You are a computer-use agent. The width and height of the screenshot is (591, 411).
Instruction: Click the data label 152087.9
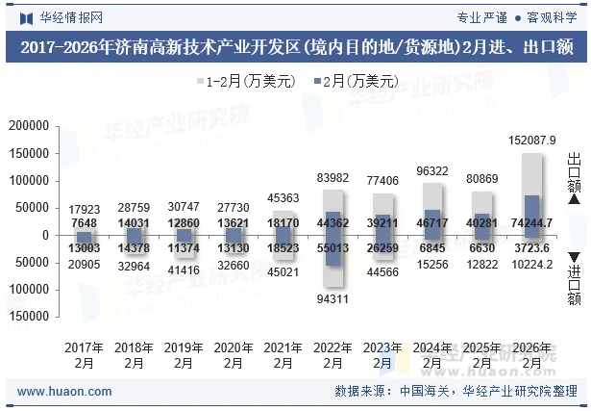[531, 141]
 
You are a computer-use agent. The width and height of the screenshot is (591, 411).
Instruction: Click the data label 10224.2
[531, 264]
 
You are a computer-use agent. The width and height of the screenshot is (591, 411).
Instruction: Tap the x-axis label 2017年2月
[85, 355]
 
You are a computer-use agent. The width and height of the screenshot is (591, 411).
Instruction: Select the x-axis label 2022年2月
[332, 355]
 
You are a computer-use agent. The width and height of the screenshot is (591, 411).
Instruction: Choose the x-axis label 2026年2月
[531, 355]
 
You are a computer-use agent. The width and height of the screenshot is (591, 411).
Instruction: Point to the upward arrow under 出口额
[575, 199]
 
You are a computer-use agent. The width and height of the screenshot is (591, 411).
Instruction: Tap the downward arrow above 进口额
[575, 256]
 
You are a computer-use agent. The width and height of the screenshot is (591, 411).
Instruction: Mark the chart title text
[295, 47]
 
